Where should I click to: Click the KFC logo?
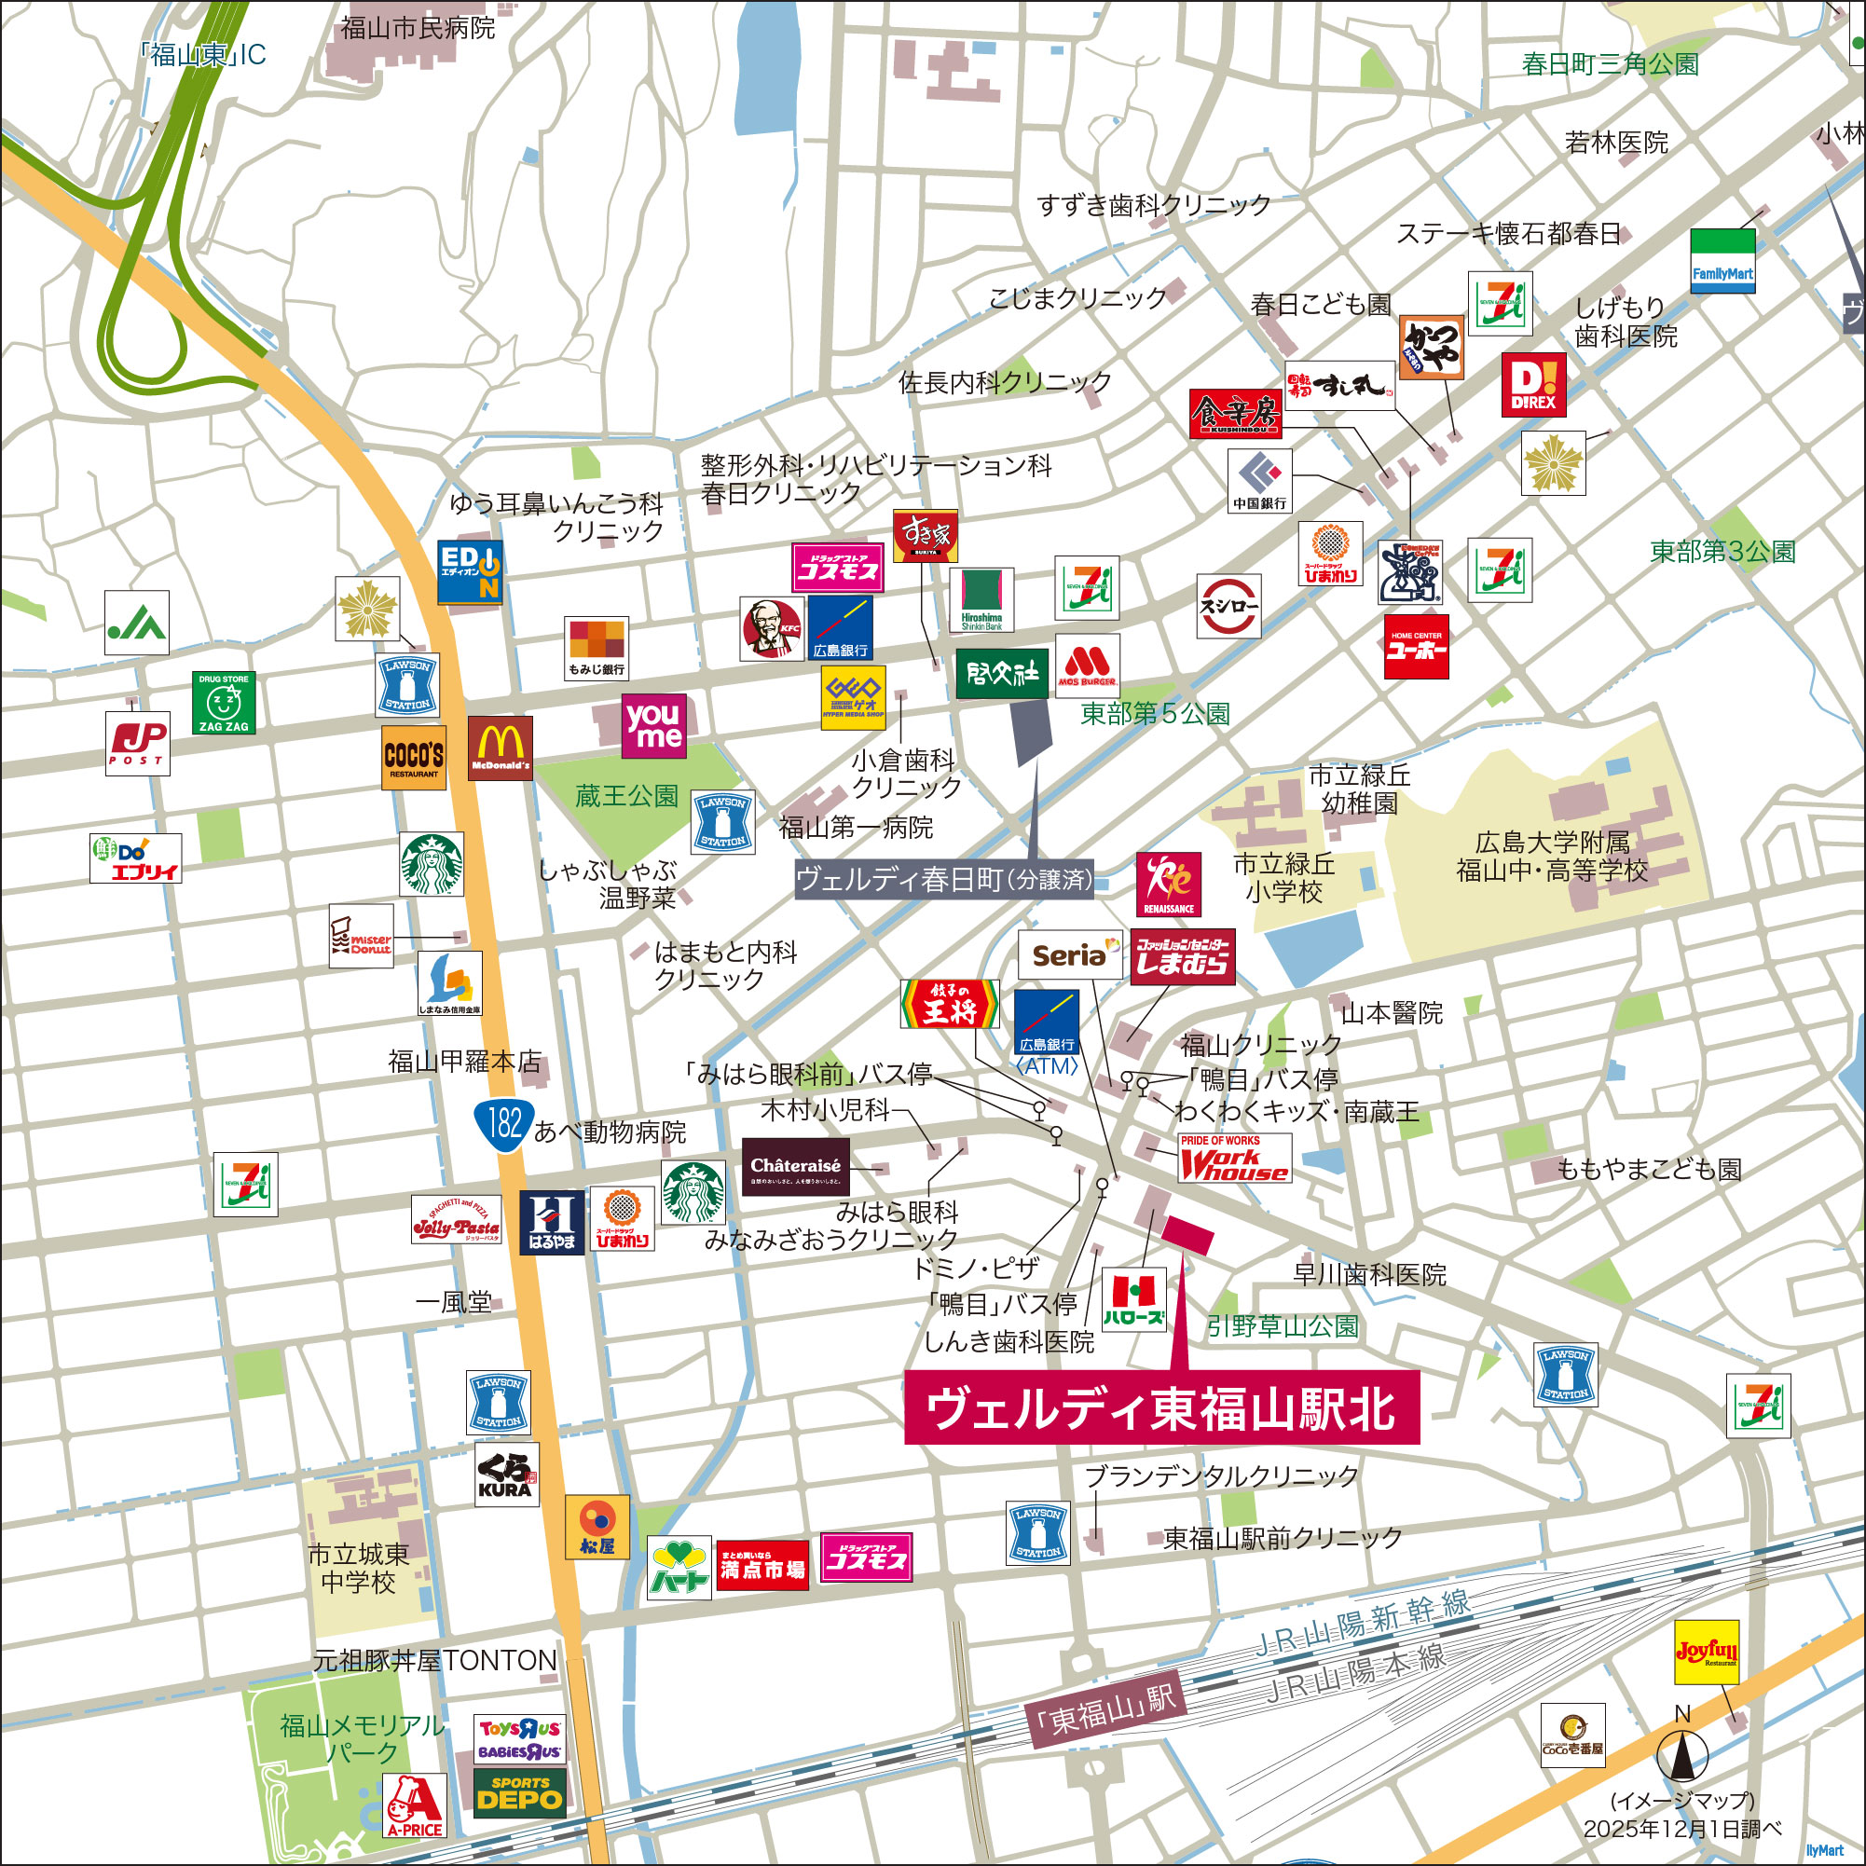(x=771, y=629)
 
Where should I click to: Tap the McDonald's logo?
(x=500, y=748)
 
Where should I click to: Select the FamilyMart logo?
(x=1722, y=261)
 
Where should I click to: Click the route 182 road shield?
(x=504, y=1123)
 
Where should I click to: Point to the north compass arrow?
(x=1681, y=1755)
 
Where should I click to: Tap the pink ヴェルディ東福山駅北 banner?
(x=1161, y=1408)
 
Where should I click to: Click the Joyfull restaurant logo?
(x=1706, y=1653)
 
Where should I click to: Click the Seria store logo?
(x=1069, y=955)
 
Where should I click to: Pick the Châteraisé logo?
(x=795, y=1167)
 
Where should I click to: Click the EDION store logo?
(x=470, y=570)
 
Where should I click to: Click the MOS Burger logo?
(x=1087, y=665)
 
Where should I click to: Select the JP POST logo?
(x=137, y=743)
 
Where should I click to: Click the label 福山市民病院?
(x=418, y=27)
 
